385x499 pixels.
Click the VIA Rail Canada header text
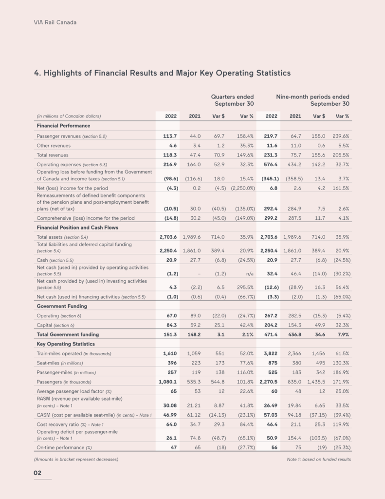click(55, 22)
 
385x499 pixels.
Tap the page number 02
click(37, 473)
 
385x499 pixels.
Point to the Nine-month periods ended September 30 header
click(312, 100)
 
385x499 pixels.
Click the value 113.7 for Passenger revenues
click(168, 136)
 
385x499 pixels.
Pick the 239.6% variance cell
click(341, 136)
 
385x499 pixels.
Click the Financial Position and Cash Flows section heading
click(77, 228)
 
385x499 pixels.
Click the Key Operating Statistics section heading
click(66, 344)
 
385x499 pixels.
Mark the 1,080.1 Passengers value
click(167, 382)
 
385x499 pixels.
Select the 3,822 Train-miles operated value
click(270, 353)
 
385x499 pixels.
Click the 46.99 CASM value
click(168, 415)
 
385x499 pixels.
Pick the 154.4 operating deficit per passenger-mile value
click(294, 438)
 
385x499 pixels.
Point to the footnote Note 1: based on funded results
click(319, 460)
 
